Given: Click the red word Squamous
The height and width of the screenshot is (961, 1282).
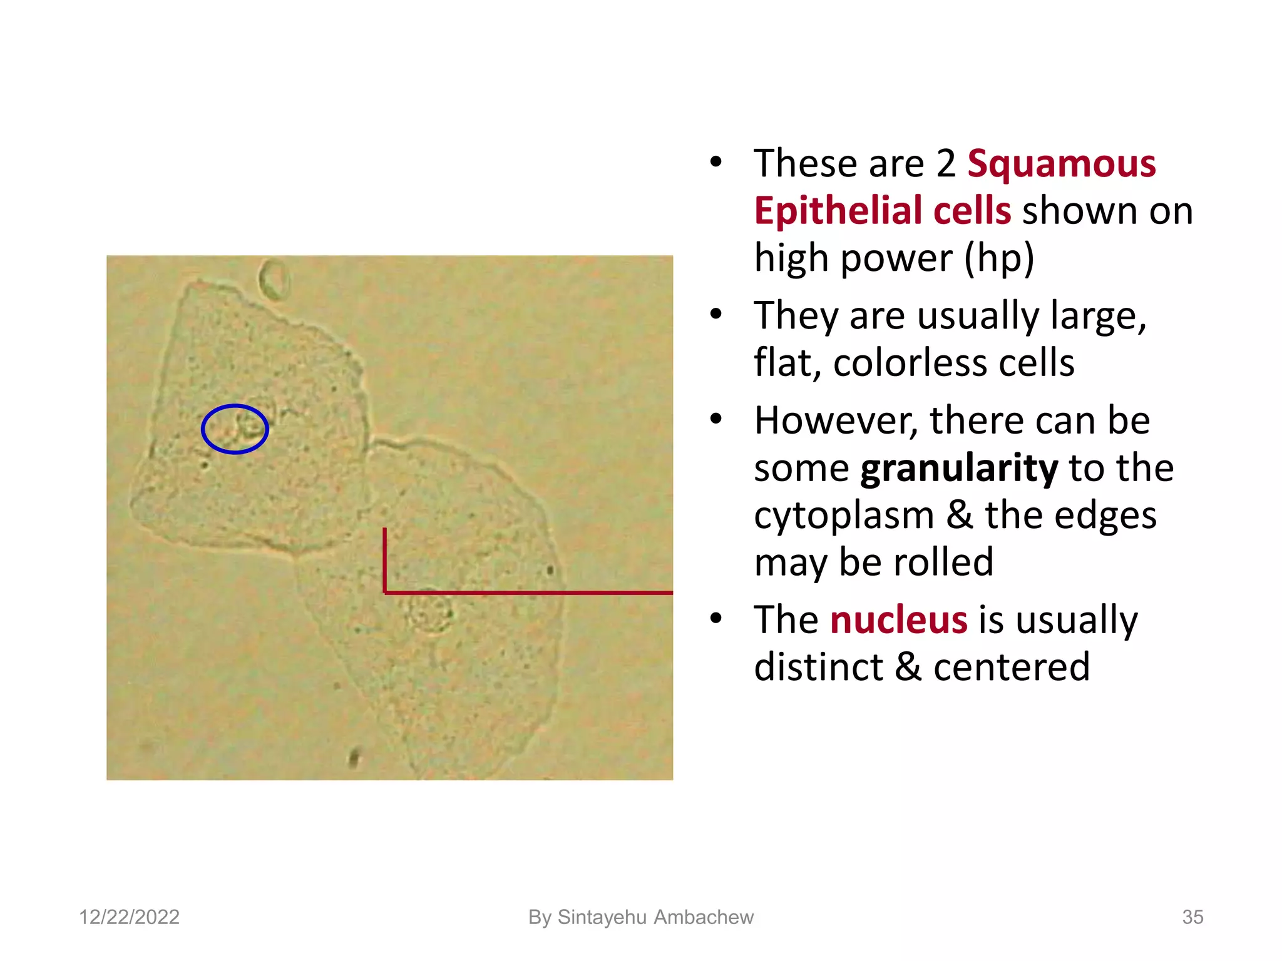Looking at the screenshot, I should tap(1061, 165).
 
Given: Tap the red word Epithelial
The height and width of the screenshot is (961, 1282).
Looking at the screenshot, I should tap(838, 211).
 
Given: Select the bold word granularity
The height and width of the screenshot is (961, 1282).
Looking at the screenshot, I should tap(959, 468).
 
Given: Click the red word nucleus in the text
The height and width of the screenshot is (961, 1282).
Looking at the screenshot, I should tap(898, 620).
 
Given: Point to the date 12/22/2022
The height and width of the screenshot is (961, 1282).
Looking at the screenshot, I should tap(129, 917).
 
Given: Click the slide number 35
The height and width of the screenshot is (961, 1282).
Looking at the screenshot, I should tap(1192, 917).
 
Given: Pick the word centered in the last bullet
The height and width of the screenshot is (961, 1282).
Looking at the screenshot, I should tap(1012, 667).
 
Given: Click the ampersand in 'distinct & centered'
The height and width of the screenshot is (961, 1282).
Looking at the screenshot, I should tap(908, 667).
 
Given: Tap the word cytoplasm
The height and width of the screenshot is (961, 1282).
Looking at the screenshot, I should tap(843, 516).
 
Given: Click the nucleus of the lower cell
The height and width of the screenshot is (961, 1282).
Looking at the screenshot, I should tap(430, 611).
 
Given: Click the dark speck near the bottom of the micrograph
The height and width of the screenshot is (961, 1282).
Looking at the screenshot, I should tap(354, 758).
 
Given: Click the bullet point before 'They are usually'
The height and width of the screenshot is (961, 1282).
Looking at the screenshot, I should tap(716, 314).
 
